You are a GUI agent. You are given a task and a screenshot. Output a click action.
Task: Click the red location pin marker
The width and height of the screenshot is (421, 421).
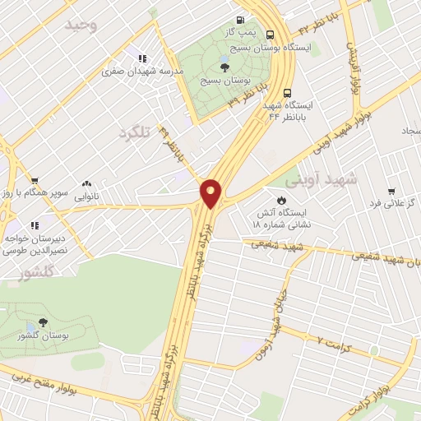[211, 192]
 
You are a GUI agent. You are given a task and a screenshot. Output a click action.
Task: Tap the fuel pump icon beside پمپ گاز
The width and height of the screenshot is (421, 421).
[240, 21]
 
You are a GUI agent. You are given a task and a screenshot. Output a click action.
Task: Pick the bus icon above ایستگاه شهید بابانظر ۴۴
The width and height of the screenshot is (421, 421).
[287, 93]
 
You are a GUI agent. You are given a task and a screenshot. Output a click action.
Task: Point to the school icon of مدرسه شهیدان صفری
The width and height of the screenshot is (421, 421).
[143, 58]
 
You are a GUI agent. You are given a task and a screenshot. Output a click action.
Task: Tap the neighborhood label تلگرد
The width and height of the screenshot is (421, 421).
[136, 133]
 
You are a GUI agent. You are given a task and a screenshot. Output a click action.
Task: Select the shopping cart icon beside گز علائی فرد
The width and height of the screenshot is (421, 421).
[391, 190]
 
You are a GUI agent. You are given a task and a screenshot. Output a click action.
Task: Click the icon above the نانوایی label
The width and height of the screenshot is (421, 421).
[87, 185]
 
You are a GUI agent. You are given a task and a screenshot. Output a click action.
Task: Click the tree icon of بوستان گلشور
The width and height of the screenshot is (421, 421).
[41, 323]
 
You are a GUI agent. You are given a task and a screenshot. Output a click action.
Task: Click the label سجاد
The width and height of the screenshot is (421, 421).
[410, 131]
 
